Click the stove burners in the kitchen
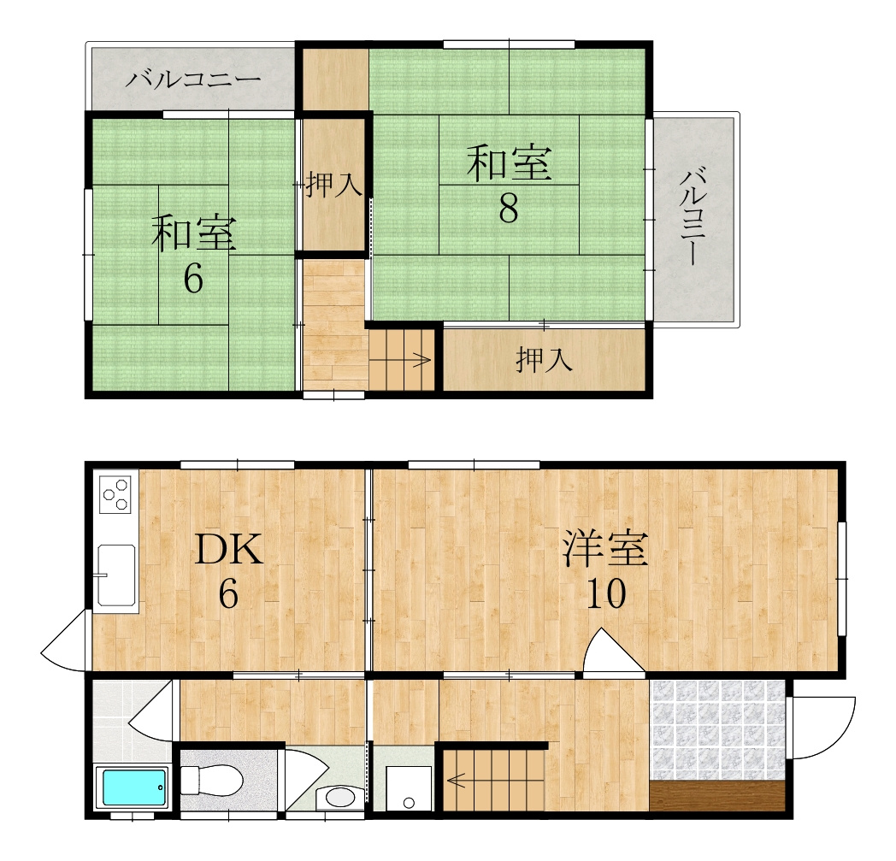pos(115,494)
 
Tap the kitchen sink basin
pos(116,575)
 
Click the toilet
pos(211,781)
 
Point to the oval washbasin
pos(339,797)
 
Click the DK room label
pos(228,549)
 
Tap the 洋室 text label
pos(605,548)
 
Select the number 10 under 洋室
pos(606,593)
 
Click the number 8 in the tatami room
pos(509,209)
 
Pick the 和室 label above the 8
pos(510,163)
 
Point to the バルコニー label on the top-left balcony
pos(193,79)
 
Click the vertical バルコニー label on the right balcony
pos(693,216)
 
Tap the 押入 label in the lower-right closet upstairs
pos(544,360)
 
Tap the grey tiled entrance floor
pos(718,729)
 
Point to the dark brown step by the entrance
pos(718,796)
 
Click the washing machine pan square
pos(409,788)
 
